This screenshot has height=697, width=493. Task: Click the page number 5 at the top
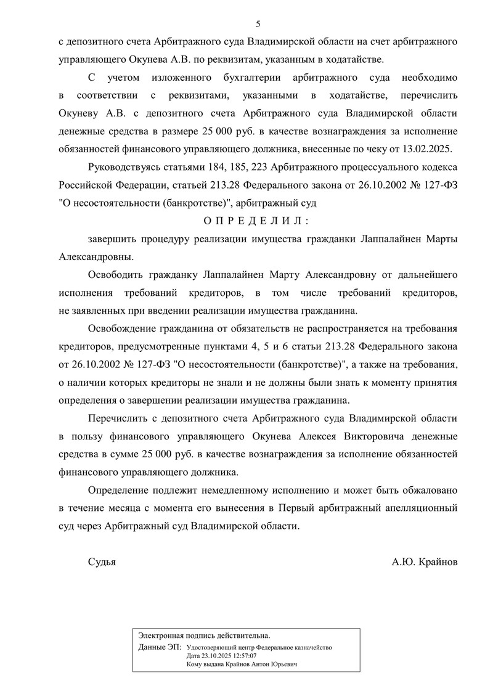[x=258, y=24]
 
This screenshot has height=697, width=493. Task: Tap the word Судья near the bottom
[x=102, y=562]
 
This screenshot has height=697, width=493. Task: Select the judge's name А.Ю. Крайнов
[x=425, y=562]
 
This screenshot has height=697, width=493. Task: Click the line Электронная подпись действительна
[x=204, y=635]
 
